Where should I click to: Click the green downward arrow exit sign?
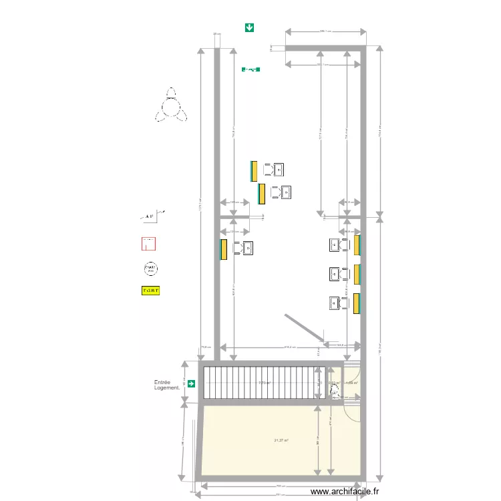[249, 27]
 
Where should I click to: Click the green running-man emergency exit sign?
[251, 69]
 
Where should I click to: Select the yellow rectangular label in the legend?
[152, 291]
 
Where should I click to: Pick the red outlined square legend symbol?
[149, 244]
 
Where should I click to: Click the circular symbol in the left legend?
[151, 269]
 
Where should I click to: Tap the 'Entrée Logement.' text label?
[167, 385]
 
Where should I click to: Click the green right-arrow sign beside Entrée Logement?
[192, 383]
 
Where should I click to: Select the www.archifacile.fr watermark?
[345, 491]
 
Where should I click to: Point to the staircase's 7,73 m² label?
[265, 383]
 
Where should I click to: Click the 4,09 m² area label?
[352, 383]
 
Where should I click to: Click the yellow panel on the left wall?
[224, 249]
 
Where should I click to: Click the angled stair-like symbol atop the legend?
[152, 216]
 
